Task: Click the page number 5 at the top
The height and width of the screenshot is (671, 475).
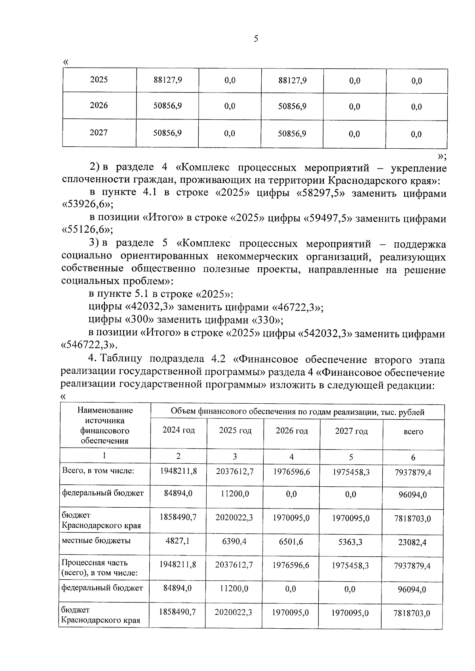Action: [256, 39]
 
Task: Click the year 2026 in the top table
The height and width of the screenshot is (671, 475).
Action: [99, 106]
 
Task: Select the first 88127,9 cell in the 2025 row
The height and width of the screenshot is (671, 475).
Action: [167, 80]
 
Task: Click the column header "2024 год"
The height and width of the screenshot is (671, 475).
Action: [179, 430]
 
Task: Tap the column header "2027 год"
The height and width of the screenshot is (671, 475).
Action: [351, 431]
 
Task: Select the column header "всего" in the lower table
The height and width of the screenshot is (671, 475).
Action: [413, 432]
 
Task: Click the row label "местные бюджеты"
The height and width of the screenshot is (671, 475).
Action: [96, 541]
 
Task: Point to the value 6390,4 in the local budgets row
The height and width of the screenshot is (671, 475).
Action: [234, 541]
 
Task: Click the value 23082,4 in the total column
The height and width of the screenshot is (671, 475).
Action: [412, 542]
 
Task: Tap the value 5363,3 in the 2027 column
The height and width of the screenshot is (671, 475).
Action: [350, 542]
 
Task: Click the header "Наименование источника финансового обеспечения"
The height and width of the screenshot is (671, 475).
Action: [105, 425]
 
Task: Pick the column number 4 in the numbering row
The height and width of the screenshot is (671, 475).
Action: [291, 457]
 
